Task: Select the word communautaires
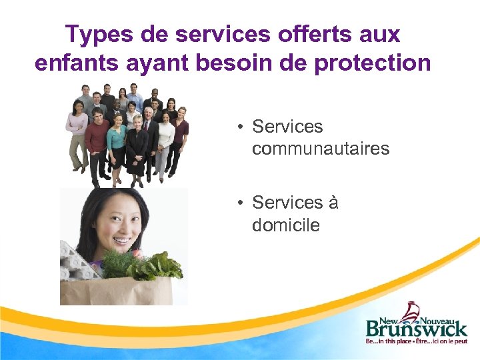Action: click(x=320, y=149)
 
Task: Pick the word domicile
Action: click(x=285, y=225)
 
